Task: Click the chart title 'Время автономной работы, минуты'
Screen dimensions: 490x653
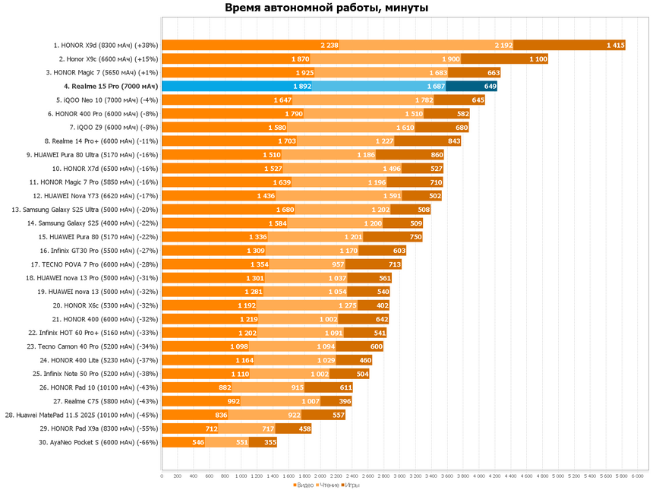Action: click(x=326, y=9)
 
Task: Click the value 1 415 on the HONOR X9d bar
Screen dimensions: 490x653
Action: click(x=615, y=45)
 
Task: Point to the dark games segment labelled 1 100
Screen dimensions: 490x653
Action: click(x=538, y=58)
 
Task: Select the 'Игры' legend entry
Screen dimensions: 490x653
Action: click(x=352, y=484)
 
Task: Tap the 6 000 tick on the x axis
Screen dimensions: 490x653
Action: click(x=637, y=476)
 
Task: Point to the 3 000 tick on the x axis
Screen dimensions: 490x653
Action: click(x=399, y=476)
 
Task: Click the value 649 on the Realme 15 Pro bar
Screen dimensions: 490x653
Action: click(x=490, y=86)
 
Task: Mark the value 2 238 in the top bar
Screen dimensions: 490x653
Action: click(x=329, y=45)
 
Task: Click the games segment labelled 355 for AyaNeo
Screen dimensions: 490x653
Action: click(x=269, y=441)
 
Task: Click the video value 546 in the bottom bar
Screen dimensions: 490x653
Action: click(x=198, y=441)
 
